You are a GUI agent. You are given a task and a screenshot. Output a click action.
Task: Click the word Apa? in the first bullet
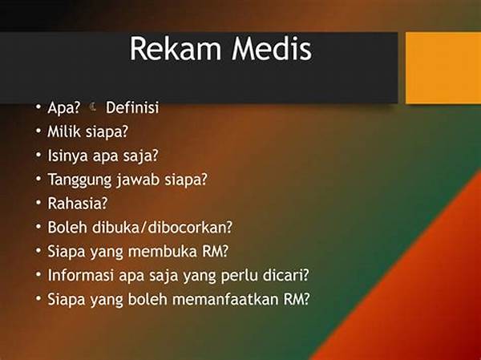point(63,107)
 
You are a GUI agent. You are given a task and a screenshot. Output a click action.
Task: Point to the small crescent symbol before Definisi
point(95,106)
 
